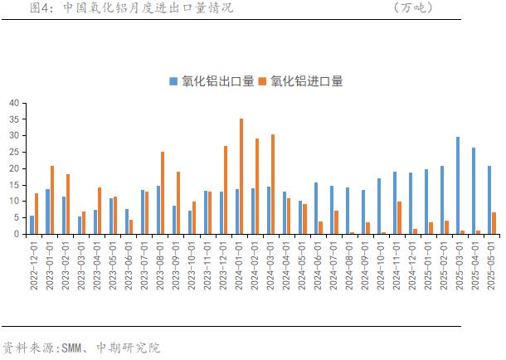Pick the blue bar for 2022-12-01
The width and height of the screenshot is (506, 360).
(32, 225)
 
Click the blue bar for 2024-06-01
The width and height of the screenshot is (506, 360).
(315, 208)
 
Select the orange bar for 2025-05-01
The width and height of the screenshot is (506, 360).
(494, 223)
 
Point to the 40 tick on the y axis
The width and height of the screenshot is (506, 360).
(13, 103)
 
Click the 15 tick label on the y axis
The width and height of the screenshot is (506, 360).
(13, 185)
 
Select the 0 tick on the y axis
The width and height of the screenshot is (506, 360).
(16, 234)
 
